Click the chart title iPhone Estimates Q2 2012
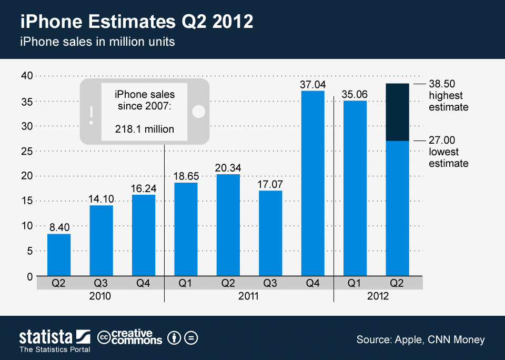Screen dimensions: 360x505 coord(137,22)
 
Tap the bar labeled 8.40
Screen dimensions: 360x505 coord(59,255)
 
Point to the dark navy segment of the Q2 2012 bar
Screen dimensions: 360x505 coord(397,112)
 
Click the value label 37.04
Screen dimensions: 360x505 coord(312,84)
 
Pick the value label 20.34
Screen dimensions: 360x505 coord(228,167)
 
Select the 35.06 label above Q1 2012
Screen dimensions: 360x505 coord(355,94)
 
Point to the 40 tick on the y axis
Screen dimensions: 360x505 coord(26,76)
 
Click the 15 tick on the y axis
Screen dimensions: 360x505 coord(26,201)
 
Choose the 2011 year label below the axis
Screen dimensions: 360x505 coord(248,296)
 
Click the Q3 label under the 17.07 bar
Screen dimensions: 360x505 coord(270,283)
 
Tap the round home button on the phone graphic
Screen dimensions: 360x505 coord(199,112)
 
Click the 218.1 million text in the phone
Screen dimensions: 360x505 coord(144,129)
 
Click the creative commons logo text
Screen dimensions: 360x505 coord(130,337)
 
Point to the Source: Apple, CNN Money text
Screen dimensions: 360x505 coord(420,339)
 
